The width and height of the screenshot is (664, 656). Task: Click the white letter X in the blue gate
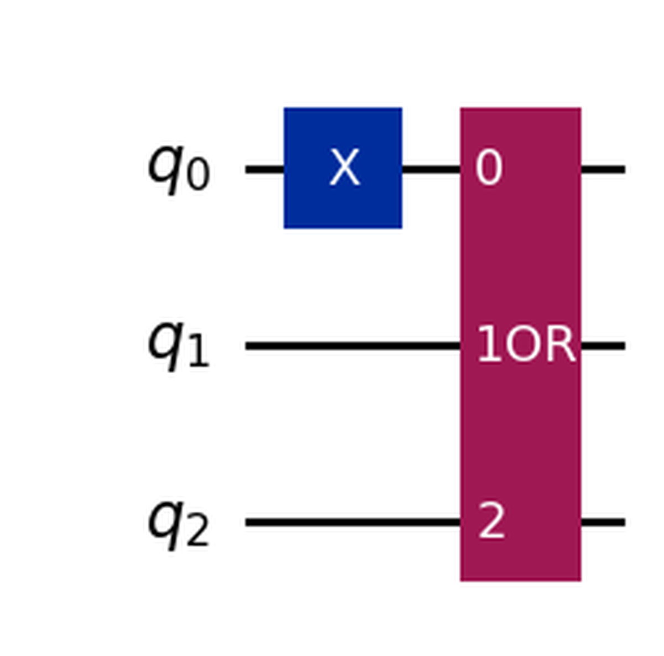point(344,168)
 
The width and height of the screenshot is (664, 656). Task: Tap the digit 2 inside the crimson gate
point(491,521)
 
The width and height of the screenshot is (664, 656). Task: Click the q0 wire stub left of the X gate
point(264,169)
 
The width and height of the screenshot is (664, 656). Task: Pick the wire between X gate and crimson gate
point(431,169)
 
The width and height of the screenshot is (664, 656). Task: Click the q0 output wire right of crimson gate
point(603,169)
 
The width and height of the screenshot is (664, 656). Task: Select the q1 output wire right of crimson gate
point(603,346)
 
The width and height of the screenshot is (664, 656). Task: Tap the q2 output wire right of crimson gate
point(603,522)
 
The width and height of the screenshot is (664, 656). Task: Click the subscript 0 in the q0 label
point(198,176)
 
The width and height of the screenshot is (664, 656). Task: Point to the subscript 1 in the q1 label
point(198,353)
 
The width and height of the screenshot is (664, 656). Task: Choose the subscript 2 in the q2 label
point(198,531)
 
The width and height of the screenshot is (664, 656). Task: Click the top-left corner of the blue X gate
point(285,109)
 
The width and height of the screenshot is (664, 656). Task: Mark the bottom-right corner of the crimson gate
point(580,580)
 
